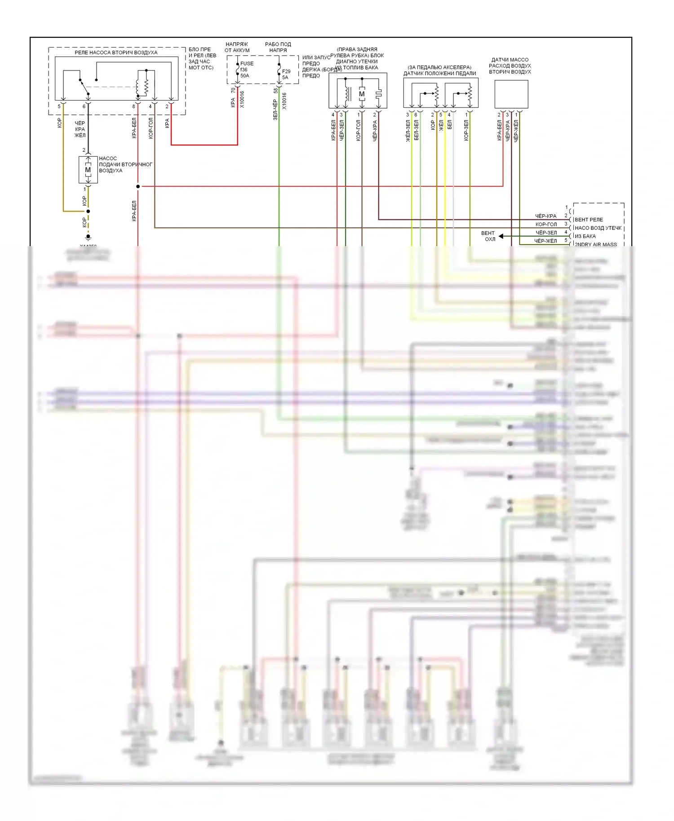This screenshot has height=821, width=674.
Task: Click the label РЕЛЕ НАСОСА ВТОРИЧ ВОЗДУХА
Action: pos(116,53)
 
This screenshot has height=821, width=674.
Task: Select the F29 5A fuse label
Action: pos(286,74)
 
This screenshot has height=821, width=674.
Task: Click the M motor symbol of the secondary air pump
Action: pos(88,170)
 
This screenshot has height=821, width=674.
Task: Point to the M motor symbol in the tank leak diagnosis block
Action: pos(362,94)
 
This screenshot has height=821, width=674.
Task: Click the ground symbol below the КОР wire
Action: pos(88,237)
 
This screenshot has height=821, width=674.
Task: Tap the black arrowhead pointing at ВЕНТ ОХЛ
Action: pos(501,236)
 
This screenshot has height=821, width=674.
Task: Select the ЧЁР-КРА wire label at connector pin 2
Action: pos(545,216)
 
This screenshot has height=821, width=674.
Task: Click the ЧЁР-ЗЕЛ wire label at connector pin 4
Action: pos(546,233)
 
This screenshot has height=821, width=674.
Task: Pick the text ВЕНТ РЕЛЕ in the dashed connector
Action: pos(589,220)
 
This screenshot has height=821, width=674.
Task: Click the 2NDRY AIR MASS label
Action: pos(596,244)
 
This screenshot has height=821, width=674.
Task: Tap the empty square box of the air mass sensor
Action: pos(511,94)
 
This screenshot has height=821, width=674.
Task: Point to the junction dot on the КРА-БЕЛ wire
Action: pos(138,186)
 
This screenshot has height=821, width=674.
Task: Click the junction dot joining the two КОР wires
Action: pos(88,211)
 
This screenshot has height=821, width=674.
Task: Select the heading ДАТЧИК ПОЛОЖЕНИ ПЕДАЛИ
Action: pos(439,73)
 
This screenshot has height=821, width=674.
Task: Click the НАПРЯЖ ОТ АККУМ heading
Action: pos(237,47)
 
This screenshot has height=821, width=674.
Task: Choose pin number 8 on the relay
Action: pos(133,106)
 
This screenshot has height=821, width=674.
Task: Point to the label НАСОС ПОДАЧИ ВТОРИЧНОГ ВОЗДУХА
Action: pos(125,164)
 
